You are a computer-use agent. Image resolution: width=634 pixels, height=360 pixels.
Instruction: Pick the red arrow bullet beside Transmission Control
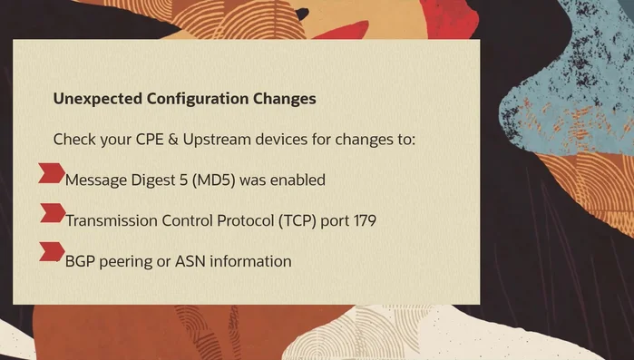52,214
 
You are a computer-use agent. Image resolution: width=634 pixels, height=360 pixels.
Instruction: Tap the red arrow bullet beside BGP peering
52,253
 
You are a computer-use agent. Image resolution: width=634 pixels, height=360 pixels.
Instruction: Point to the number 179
364,220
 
